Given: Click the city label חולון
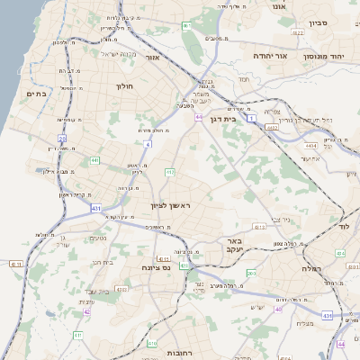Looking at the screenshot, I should pyautogui.click(x=124, y=86).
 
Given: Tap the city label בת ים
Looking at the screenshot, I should pyautogui.click(x=37, y=94).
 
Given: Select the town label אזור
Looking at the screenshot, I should pyautogui.click(x=151, y=57).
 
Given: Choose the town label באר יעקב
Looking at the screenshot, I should pyautogui.click(x=235, y=246).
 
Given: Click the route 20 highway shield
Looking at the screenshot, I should pyautogui.click(x=61, y=139).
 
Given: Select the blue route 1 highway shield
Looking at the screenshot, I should pyautogui.click(x=252, y=118).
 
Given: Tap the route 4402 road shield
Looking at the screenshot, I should pyautogui.click(x=272, y=128).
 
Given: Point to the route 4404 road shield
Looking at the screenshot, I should pyautogui.click(x=310, y=146).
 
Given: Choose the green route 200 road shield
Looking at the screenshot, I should pyautogui.click(x=251, y=273).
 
